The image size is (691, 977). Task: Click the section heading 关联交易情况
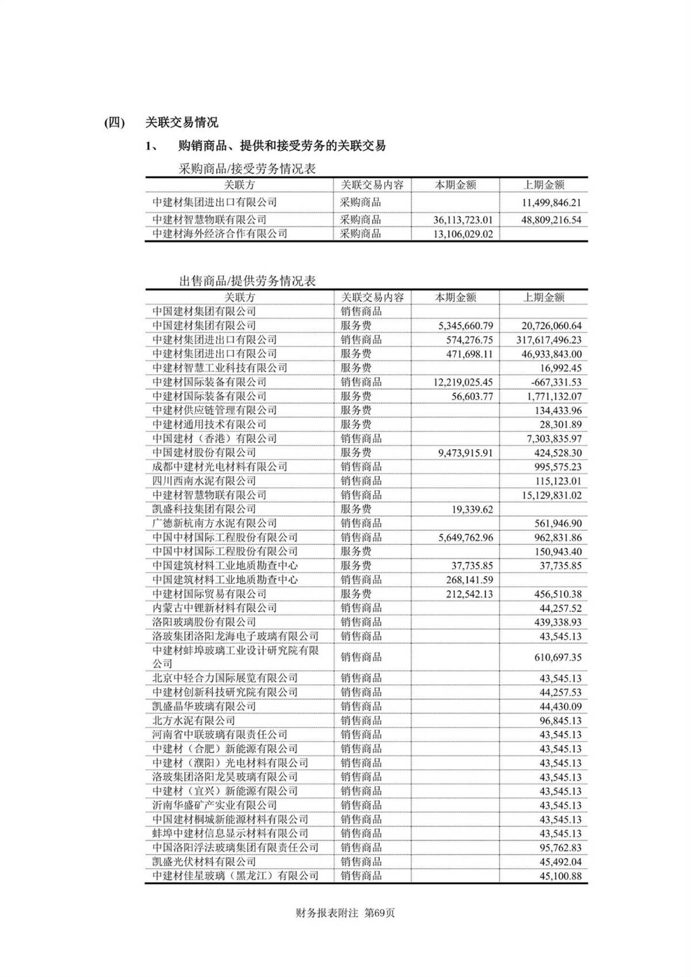[181, 122]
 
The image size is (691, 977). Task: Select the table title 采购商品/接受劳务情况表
[247, 169]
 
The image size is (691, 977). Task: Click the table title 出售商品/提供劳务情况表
[247, 281]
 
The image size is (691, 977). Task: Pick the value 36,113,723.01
[463, 219]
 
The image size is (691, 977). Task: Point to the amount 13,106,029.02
[463, 234]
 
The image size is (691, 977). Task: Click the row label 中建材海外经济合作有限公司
[219, 234]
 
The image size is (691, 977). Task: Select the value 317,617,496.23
[548, 340]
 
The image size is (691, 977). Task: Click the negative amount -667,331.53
[551, 382]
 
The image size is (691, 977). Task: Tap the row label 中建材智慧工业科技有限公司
[219, 368]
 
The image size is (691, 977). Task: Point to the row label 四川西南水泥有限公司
[204, 481]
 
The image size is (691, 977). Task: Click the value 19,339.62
[472, 509]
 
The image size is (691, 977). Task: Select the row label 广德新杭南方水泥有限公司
[214, 523]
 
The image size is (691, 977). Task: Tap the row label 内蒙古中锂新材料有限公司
[214, 608]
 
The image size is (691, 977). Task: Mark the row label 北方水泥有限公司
[193, 720]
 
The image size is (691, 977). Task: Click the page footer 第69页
[380, 913]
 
